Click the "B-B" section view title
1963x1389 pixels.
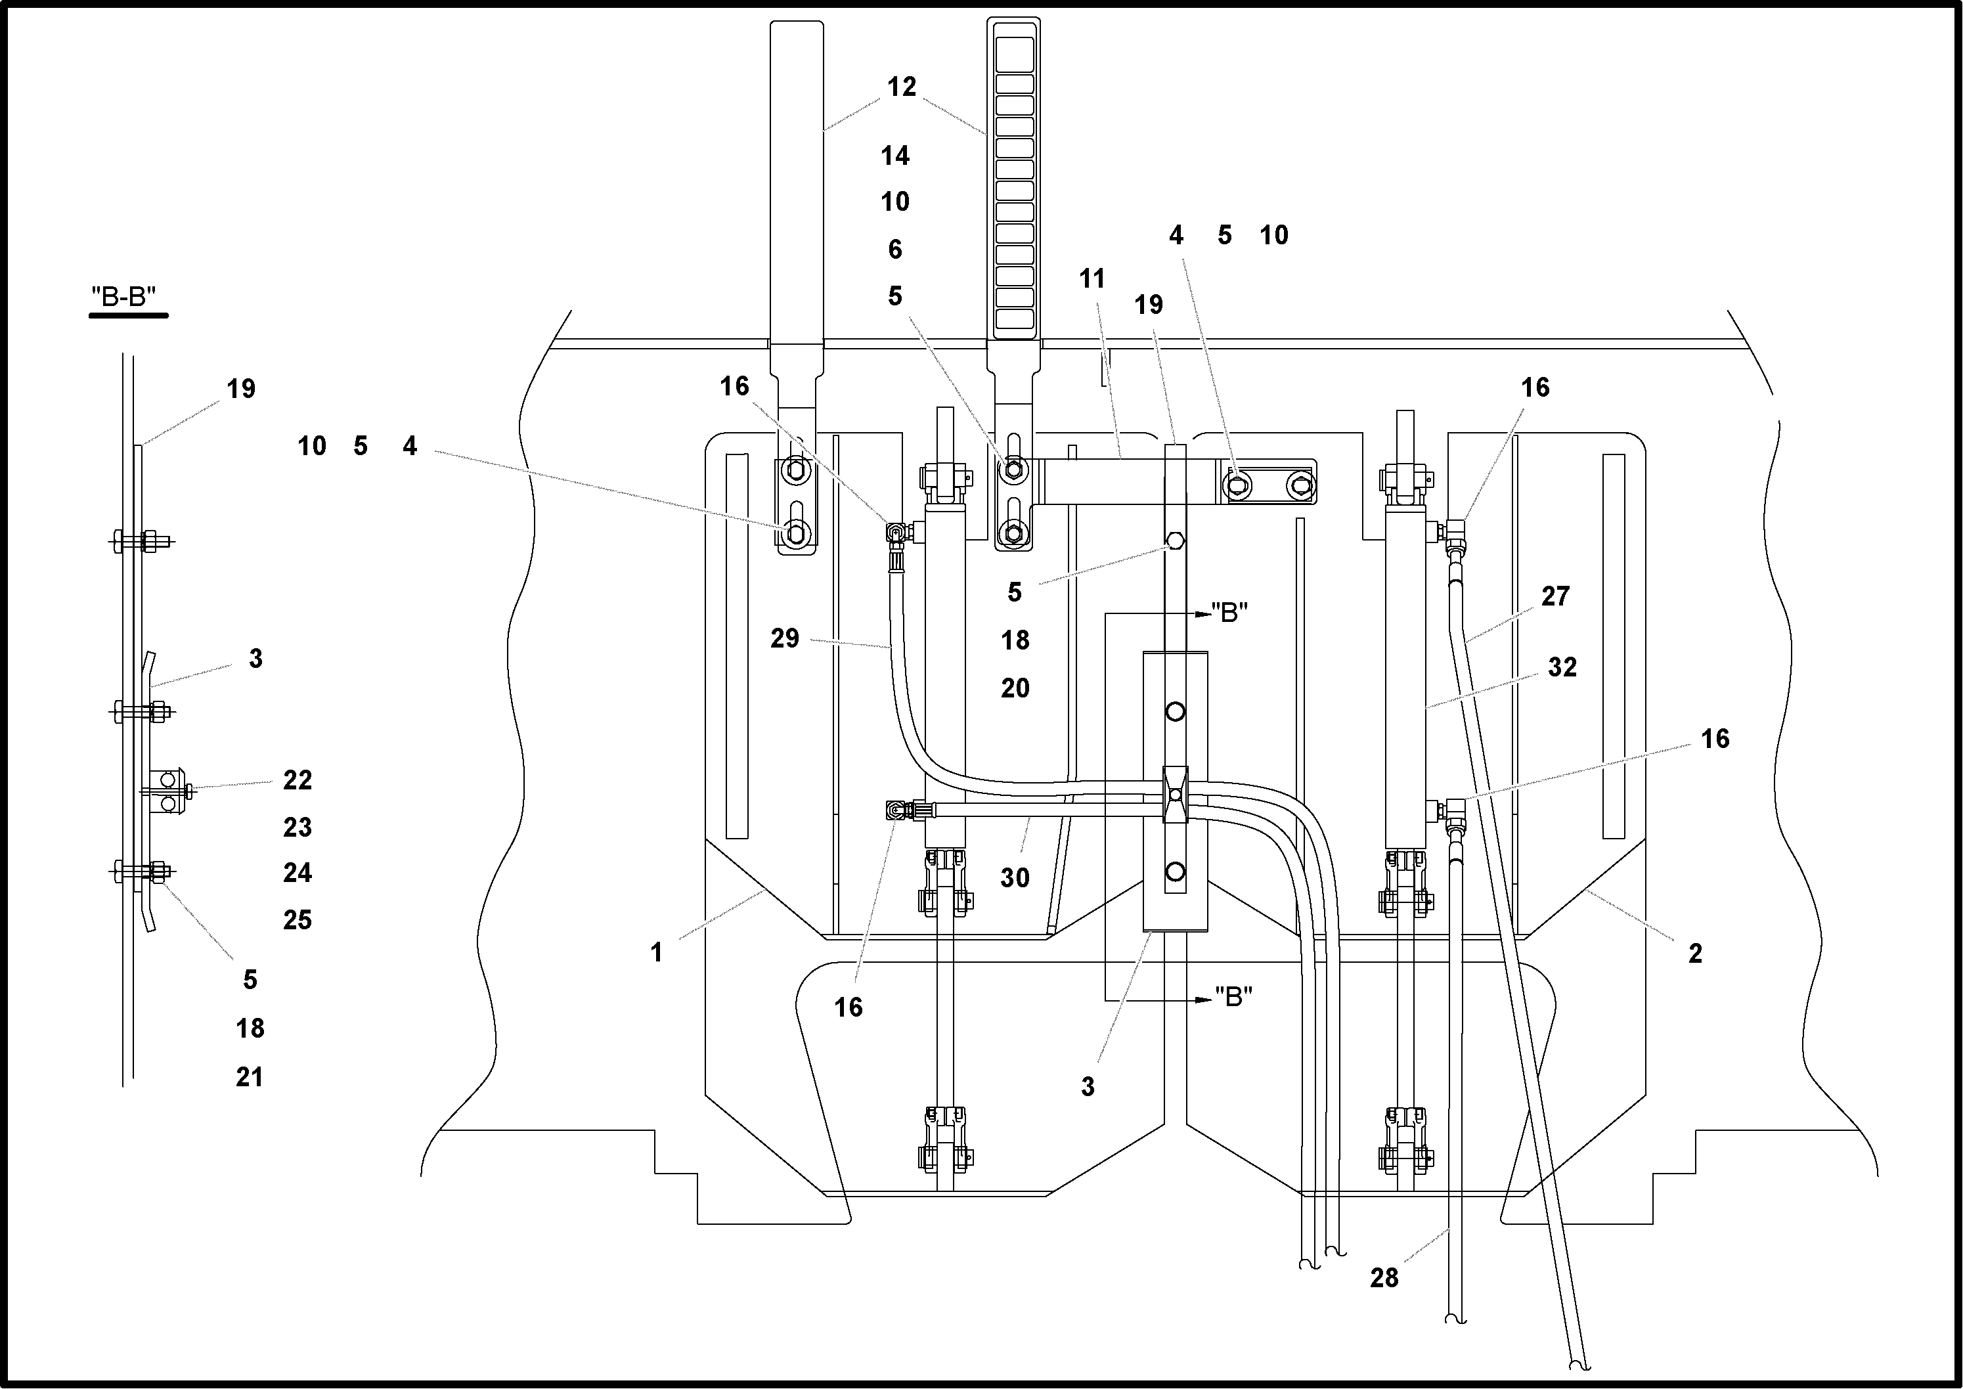tap(124, 297)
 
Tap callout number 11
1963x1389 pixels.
tap(1092, 279)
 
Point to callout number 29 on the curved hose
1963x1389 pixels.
tap(784, 638)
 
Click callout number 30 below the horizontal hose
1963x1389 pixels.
tap(1015, 877)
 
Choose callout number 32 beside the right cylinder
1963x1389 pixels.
tap(1562, 667)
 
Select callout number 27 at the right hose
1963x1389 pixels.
tap(1555, 596)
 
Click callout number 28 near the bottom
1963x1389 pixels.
tap(1384, 1278)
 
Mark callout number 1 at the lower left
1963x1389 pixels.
tap(656, 953)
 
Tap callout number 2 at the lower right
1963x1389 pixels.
tap(1695, 954)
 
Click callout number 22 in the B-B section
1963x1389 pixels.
tap(298, 780)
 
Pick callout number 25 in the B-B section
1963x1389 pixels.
tap(298, 920)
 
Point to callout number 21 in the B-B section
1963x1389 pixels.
tap(250, 1077)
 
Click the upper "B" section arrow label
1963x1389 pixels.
tap(1229, 612)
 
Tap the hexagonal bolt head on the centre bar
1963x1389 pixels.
tap(1175, 541)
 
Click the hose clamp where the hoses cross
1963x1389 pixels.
tap(1175, 795)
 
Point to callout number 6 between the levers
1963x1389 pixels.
tap(894, 250)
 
